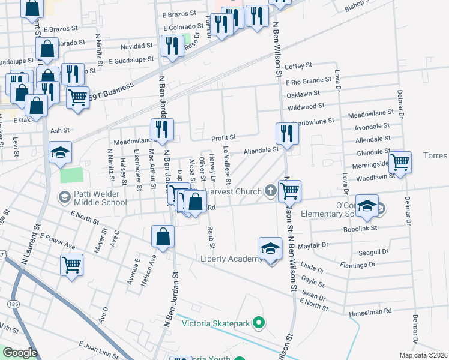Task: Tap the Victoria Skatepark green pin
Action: pos(259,323)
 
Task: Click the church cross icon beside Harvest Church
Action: pos(270,191)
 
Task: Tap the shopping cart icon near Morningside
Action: pos(399,161)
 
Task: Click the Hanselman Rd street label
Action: pos(371,311)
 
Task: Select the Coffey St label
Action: pos(298,65)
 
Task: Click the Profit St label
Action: pos(223,137)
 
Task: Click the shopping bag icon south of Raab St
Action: pos(163,236)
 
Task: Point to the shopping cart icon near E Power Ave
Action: pos(71,265)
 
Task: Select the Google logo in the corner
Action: pos(19,353)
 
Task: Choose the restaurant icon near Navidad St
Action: pos(173,46)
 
